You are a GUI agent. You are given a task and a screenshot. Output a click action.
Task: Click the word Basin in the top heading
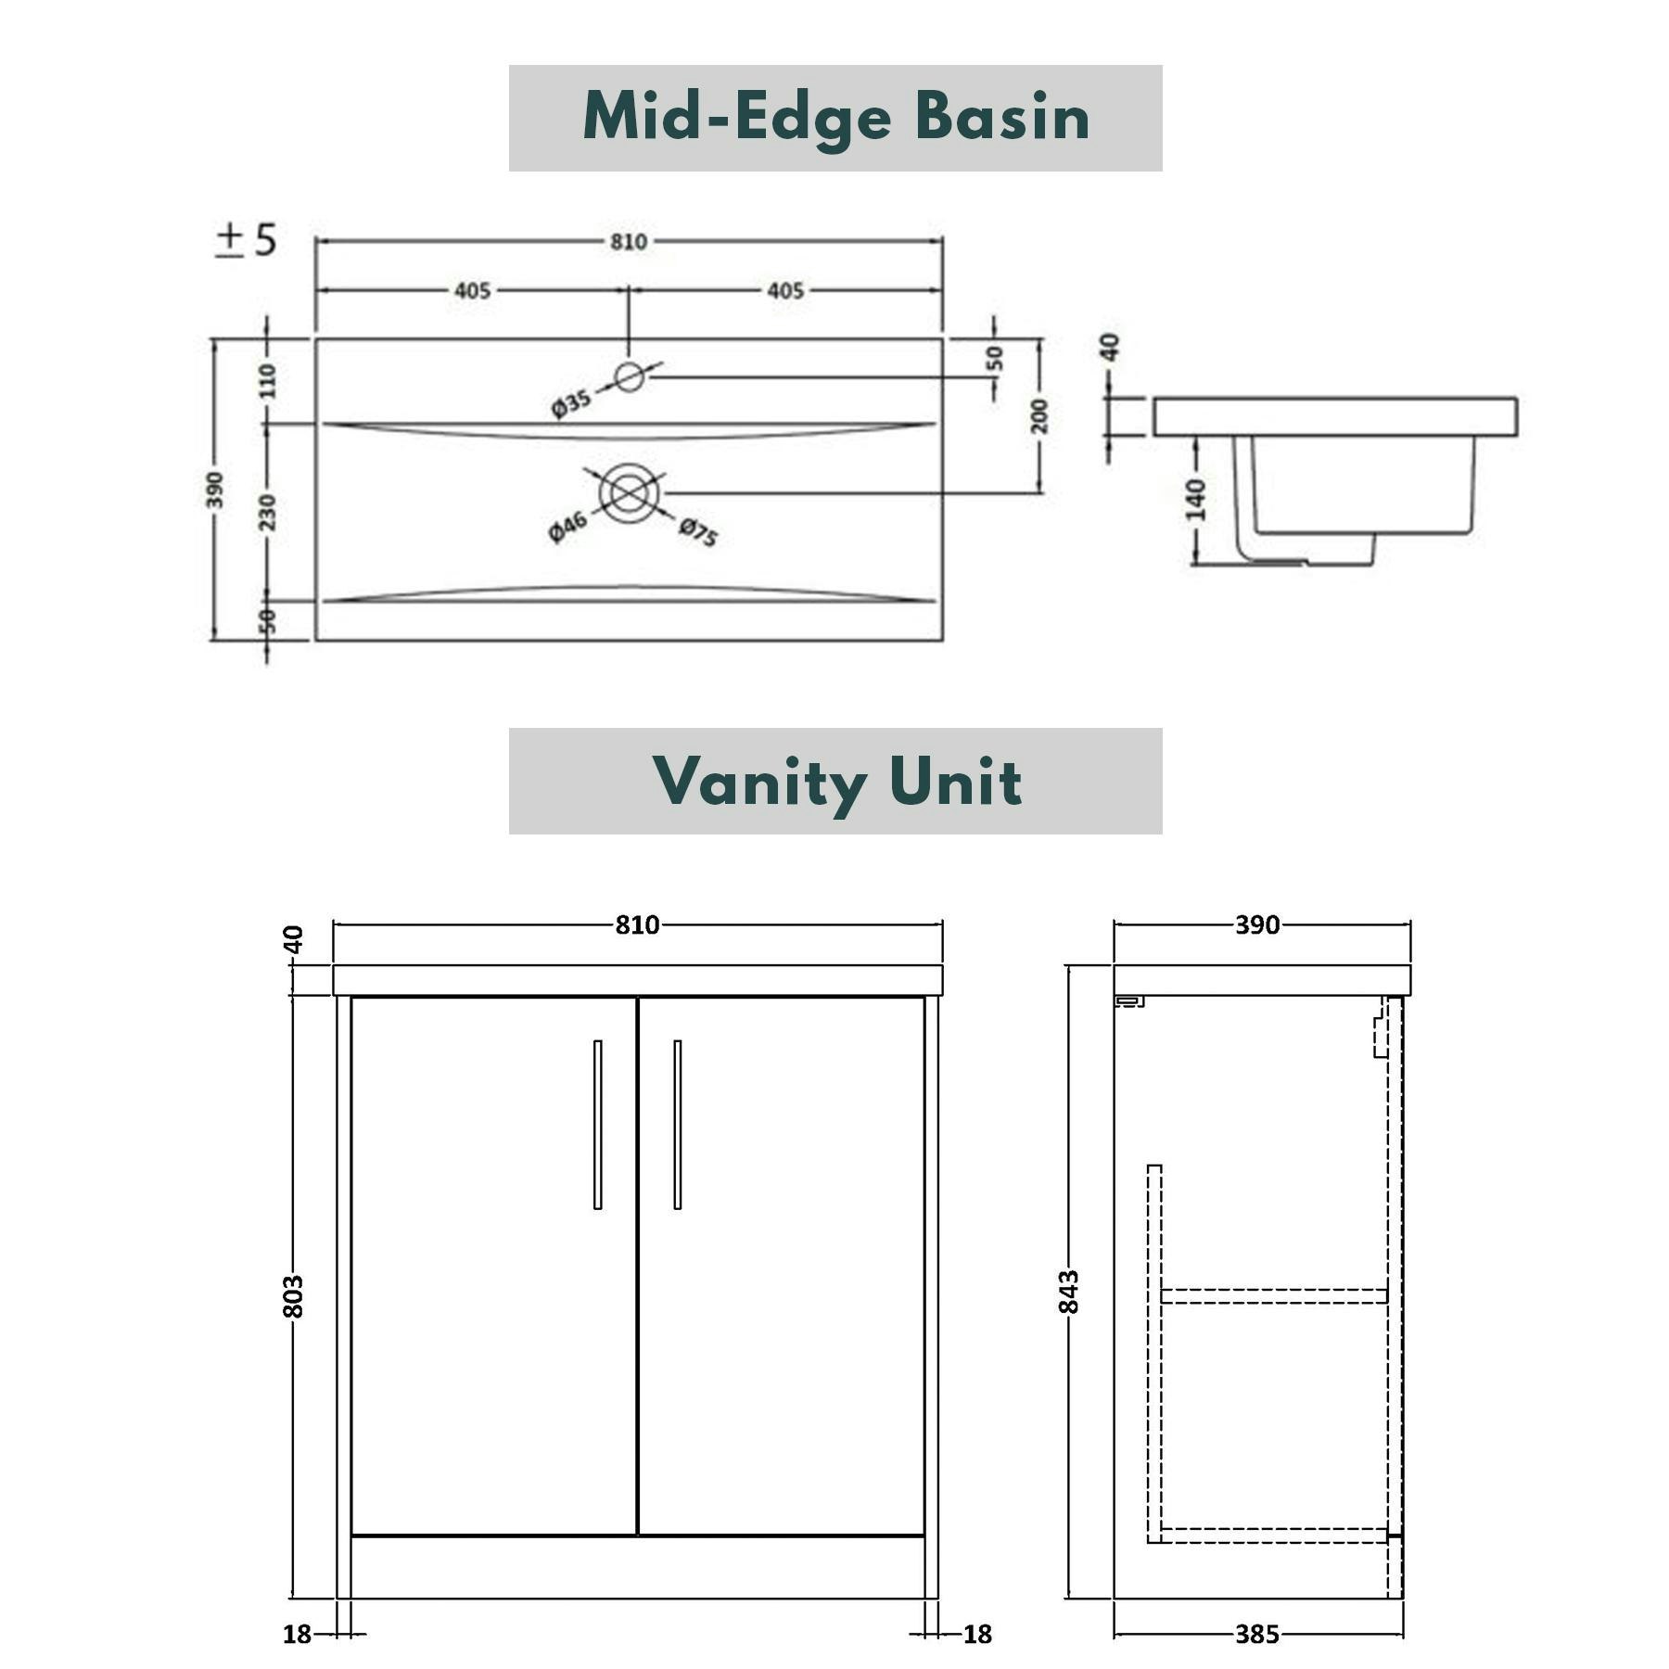click(1002, 118)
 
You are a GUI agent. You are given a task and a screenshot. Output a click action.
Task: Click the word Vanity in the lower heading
click(759, 782)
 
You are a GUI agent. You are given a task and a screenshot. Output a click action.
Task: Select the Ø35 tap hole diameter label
click(571, 404)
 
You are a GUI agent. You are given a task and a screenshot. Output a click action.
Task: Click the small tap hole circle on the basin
click(630, 377)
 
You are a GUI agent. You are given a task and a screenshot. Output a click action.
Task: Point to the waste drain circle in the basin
click(630, 493)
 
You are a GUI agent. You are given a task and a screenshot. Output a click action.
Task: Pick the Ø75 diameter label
click(698, 532)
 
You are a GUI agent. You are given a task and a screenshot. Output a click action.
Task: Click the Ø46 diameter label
click(567, 526)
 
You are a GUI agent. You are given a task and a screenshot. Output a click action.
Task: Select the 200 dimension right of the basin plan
click(1039, 415)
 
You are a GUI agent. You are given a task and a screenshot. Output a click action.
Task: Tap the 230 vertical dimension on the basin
click(267, 512)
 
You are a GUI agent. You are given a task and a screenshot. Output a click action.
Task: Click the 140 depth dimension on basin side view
click(1196, 500)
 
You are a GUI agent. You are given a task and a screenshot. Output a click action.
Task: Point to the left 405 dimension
click(472, 291)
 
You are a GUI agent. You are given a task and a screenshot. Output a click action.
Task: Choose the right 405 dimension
click(785, 291)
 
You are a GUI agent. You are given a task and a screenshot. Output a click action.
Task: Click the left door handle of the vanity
click(598, 1124)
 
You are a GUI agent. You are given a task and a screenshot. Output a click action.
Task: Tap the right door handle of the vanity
click(678, 1124)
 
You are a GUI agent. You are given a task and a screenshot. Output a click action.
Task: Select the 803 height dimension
click(293, 1296)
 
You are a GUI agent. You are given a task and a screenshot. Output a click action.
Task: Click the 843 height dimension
click(1069, 1292)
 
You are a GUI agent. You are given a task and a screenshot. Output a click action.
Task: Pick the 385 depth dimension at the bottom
click(1257, 1634)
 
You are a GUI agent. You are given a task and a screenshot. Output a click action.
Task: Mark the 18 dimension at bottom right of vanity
click(977, 1634)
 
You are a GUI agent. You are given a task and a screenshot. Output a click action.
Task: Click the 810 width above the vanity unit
click(637, 924)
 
